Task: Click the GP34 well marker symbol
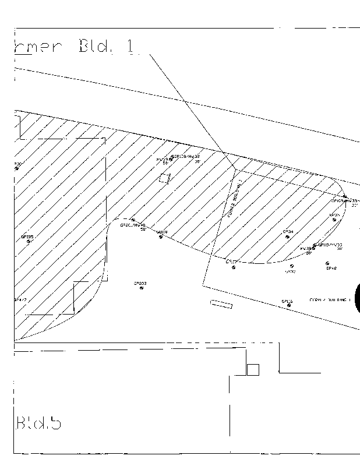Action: (x=288, y=236)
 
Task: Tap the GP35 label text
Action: (x=334, y=215)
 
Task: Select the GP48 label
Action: (x=331, y=269)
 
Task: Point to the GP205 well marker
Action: (x=28, y=241)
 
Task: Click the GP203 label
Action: (x=140, y=283)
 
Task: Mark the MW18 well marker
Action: (x=160, y=236)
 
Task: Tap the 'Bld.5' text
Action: (x=38, y=422)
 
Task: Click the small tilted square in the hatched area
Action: (x=165, y=178)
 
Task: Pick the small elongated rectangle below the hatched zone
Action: (x=221, y=303)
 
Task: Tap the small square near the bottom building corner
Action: (x=253, y=369)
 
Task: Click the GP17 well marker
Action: (x=234, y=267)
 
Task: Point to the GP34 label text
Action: (x=288, y=231)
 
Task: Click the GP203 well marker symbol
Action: (x=141, y=288)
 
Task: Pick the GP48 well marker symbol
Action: (x=327, y=263)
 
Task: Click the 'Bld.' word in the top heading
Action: (x=96, y=47)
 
